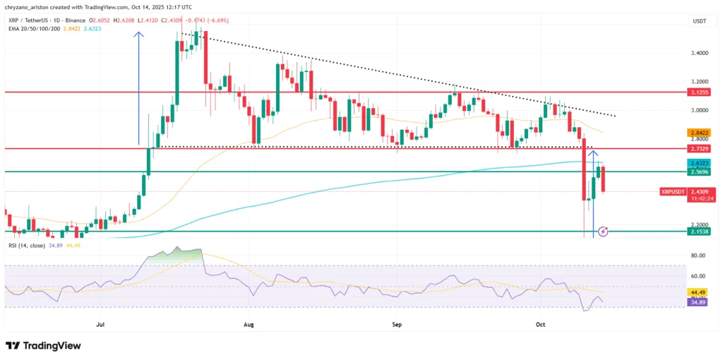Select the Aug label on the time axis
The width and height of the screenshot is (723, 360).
coord(248,325)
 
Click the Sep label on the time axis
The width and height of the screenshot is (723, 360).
coord(397,325)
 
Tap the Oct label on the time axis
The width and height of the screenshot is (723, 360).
coord(541,325)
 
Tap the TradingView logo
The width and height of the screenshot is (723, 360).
coord(43,346)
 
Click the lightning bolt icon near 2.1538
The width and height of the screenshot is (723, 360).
coord(602,231)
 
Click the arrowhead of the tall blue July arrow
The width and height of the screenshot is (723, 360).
coord(138,32)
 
